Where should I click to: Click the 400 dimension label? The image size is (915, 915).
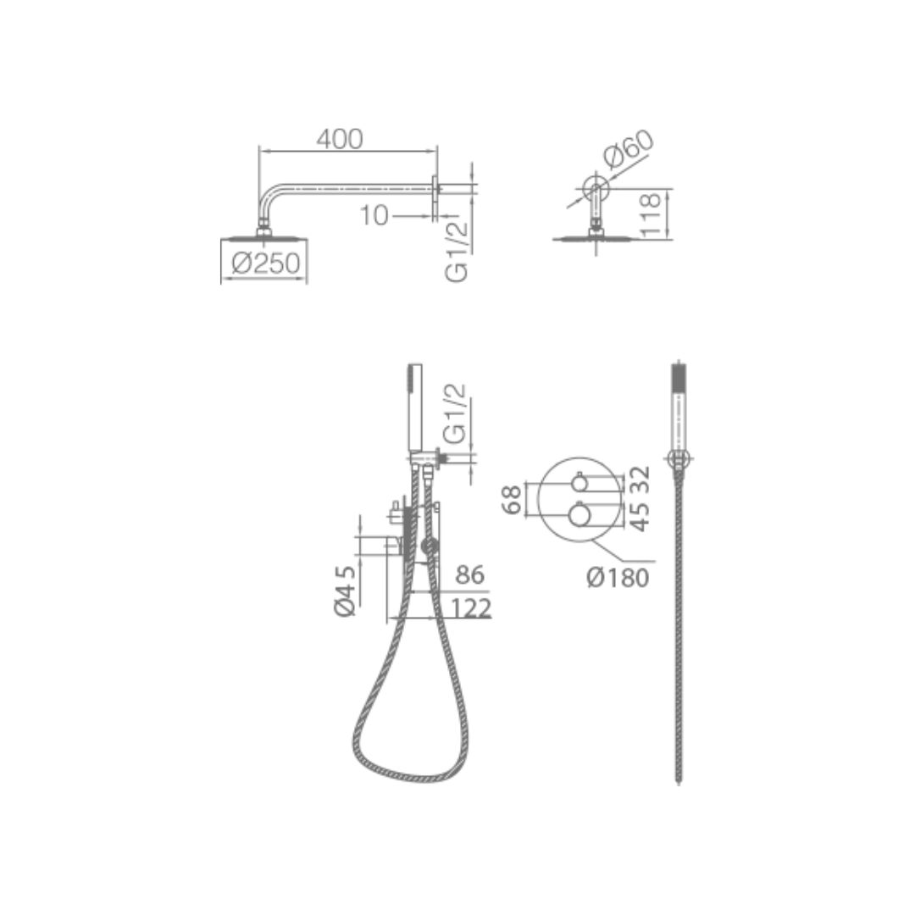340,139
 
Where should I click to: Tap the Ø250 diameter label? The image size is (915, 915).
266,263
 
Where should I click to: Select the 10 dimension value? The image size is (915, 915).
374,215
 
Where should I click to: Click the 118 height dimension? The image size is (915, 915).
651,214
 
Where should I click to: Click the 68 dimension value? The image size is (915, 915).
513,500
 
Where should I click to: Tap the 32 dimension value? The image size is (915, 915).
640,479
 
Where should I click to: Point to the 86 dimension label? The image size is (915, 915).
469,574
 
